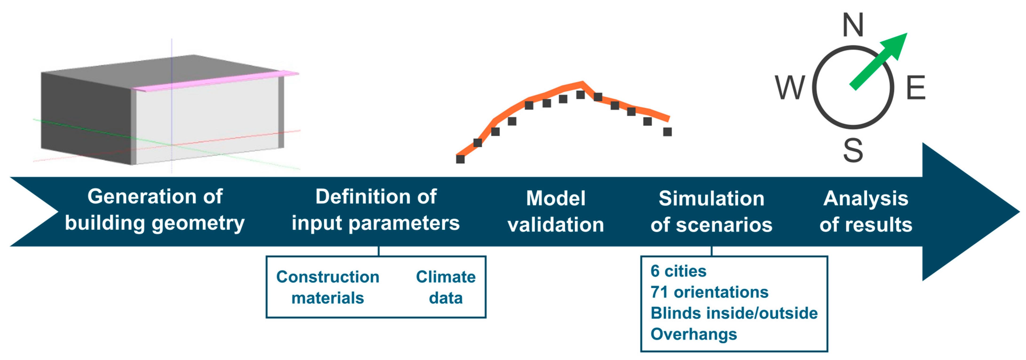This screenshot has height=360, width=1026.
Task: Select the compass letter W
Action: click(790, 88)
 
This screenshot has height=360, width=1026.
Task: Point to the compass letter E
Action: click(916, 88)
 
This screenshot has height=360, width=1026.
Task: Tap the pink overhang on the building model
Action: click(215, 81)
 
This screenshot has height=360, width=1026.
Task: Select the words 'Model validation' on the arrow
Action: click(556, 211)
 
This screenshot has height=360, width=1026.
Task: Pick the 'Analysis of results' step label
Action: click(866, 211)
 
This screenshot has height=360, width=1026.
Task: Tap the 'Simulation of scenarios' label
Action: click(711, 211)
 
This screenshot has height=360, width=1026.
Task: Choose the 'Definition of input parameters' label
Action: click(376, 210)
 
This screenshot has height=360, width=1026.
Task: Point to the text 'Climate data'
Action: click(446, 287)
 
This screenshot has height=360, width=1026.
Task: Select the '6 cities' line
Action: click(678, 271)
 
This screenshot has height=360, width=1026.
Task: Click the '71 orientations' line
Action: click(709, 292)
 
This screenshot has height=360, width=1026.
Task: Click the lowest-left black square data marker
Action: click(460, 159)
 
